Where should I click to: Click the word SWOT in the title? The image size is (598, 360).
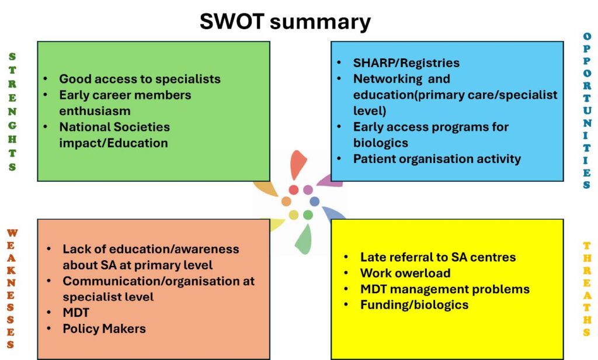pos(232,21)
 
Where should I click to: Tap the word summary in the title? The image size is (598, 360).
pos(321,23)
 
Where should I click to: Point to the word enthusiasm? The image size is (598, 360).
pos(95,110)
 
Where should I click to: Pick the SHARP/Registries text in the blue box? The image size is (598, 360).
pos(406,63)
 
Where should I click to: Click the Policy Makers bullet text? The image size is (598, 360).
pos(104,328)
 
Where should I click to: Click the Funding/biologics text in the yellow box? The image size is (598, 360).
pos(414,305)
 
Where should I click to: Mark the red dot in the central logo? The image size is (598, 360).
pos(294,190)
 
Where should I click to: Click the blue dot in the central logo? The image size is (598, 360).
pos(315,201)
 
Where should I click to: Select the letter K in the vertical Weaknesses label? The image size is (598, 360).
pos(12,270)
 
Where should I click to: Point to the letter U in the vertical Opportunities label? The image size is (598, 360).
pos(587,110)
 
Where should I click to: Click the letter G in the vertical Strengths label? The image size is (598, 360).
pos(12,125)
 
